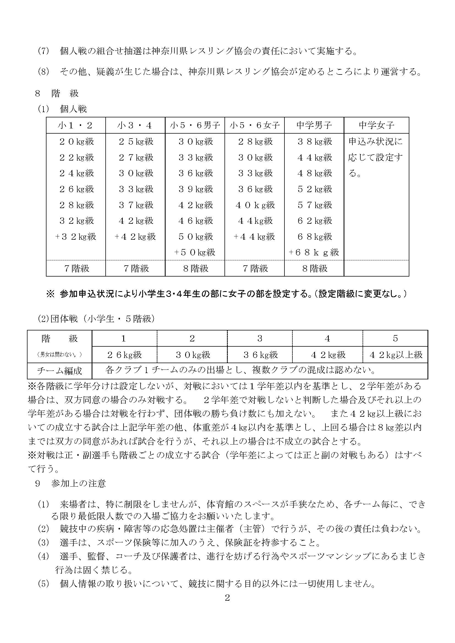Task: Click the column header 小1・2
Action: tap(76, 125)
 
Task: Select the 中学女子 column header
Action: tap(376, 125)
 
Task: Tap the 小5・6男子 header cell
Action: tap(195, 125)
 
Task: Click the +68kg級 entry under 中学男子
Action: tap(314, 252)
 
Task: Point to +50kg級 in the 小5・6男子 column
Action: tap(195, 252)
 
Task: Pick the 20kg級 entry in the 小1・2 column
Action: tap(76, 141)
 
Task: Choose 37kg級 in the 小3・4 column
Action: tap(136, 205)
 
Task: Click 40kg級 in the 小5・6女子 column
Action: tap(255, 205)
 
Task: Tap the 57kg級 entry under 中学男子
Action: tap(315, 205)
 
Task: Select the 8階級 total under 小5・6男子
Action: tap(196, 269)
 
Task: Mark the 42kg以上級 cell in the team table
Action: tap(396, 355)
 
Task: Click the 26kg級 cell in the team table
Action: tap(124, 355)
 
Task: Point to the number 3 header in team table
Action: tap(260, 339)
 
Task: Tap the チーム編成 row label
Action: tap(59, 371)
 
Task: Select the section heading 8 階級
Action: tap(57, 93)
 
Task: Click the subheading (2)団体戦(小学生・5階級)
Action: tap(96, 319)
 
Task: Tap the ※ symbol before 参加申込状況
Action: tap(50, 294)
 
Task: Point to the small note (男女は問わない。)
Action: tap(59, 355)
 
